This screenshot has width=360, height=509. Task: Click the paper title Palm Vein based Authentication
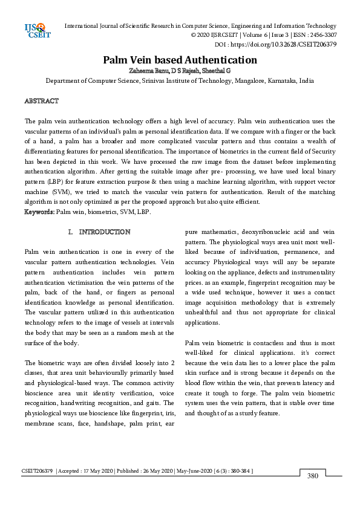[180, 60]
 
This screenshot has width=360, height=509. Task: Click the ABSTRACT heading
[41, 100]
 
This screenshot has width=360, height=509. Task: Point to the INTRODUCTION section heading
[105, 232]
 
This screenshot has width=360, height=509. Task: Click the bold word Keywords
[39, 212]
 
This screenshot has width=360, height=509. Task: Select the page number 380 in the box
[312, 476]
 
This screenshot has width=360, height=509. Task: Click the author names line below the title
[180, 71]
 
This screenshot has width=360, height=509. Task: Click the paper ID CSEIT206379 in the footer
[38, 470]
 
